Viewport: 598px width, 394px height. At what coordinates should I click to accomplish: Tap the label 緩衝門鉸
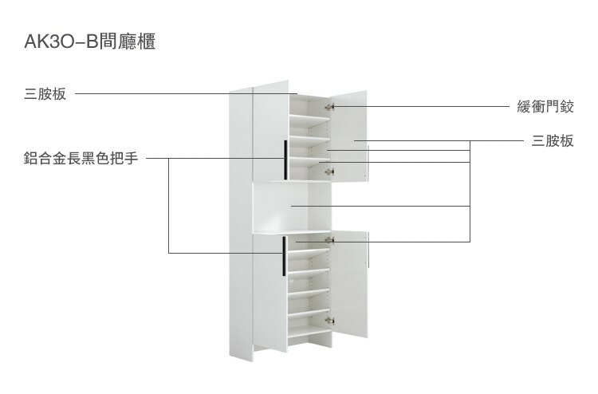[546, 107]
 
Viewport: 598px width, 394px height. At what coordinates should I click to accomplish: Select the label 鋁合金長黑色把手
[81, 158]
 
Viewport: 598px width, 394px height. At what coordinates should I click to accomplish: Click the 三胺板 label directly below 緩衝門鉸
[552, 141]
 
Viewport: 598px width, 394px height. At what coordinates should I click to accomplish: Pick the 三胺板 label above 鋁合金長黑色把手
[45, 95]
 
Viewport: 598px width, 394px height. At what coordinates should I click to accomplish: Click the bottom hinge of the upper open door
[332, 171]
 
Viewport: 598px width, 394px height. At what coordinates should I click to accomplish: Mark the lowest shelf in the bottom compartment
[309, 329]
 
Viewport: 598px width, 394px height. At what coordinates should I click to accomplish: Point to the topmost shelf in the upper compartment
[309, 117]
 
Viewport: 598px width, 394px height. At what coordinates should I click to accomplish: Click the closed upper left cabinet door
[269, 132]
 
